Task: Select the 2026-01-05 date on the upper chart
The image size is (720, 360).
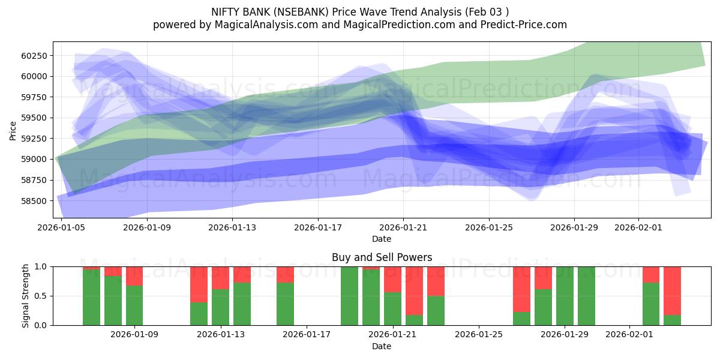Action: point(62,228)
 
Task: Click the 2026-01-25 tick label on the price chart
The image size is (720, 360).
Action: point(488,228)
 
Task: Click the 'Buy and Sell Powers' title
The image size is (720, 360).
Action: point(382,257)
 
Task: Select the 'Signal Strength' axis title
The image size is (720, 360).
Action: point(26,296)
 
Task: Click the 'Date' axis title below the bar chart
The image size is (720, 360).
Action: point(382,346)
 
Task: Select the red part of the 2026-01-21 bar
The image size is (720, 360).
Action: point(392,279)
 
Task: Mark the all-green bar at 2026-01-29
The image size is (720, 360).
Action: point(565,296)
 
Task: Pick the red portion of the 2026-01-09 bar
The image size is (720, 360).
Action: point(134,275)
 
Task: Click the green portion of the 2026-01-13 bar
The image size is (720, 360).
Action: point(220,307)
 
